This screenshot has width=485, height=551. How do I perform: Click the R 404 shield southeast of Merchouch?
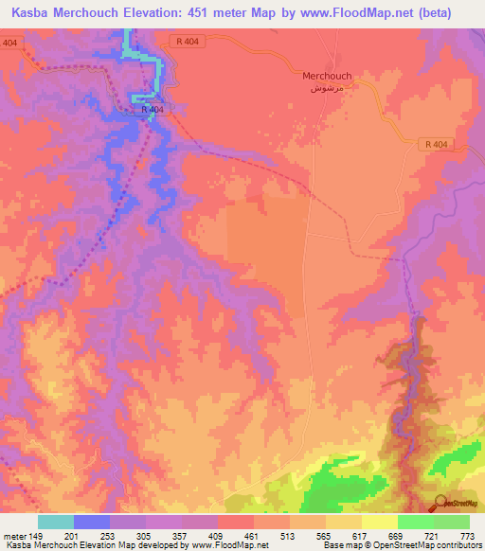[x=436, y=143]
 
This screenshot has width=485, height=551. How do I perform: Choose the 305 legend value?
[x=145, y=536]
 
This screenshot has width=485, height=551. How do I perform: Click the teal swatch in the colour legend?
[x=55, y=522]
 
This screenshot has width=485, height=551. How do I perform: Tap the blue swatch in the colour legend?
[x=91, y=522]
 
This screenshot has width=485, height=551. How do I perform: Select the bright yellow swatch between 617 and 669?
[x=379, y=522]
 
